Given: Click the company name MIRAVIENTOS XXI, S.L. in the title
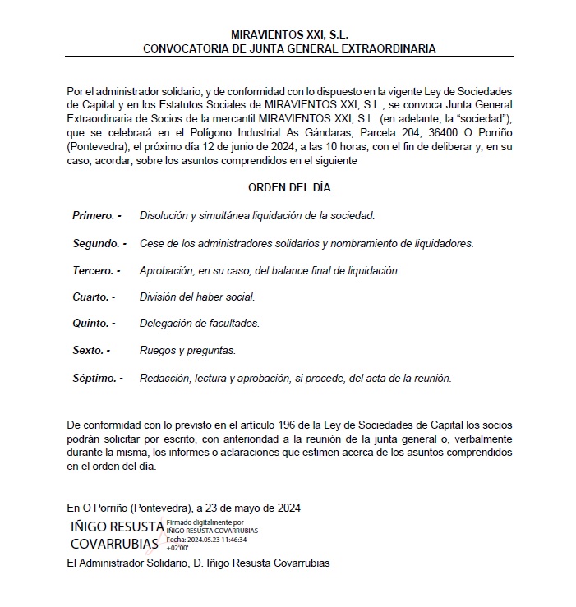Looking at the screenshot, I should pyautogui.click(x=288, y=35).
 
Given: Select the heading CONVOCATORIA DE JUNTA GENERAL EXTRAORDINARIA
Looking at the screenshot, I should pyautogui.click(x=288, y=48).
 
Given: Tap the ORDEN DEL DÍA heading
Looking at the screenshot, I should pyautogui.click(x=289, y=187).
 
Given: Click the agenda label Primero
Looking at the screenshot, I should pyautogui.click(x=96, y=215).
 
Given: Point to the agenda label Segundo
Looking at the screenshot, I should pyautogui.click(x=99, y=243).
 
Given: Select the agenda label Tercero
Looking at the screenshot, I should pyautogui.click(x=96, y=270).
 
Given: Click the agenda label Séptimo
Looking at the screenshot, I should pyautogui.click(x=97, y=378).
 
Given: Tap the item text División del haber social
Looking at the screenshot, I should pyautogui.click(x=197, y=297).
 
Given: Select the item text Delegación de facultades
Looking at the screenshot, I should pyautogui.click(x=200, y=324).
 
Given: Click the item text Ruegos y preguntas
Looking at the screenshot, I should pyautogui.click(x=187, y=351).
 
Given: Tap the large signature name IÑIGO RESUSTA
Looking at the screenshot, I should pyautogui.click(x=118, y=526).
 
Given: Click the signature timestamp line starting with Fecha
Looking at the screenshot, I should pyautogui.click(x=207, y=540).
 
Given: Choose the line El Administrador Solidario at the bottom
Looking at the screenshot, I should pyautogui.click(x=198, y=563).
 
